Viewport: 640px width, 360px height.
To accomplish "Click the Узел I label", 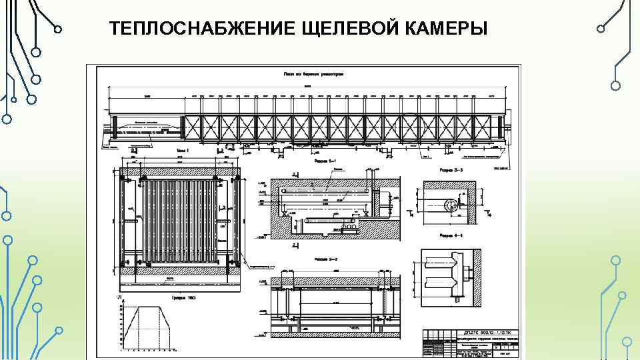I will [183, 151].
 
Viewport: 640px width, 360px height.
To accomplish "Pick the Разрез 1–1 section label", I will [324, 161].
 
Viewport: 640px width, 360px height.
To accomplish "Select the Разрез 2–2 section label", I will [324, 257].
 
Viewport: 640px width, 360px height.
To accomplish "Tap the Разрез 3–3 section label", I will [451, 171].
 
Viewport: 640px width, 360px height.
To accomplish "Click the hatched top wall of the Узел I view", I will [180, 172].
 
